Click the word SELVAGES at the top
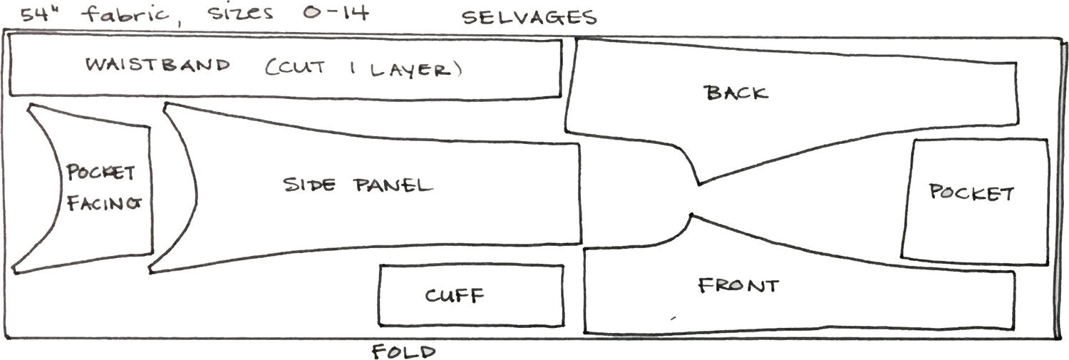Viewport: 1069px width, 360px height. click(x=529, y=17)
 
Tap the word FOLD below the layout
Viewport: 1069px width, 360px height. click(x=403, y=351)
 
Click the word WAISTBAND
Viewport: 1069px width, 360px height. click(x=158, y=66)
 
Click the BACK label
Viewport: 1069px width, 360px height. click(x=735, y=93)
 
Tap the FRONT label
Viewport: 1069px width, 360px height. click(x=738, y=286)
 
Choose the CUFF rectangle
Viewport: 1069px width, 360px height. click(x=471, y=295)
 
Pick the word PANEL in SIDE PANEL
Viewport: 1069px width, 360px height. click(x=393, y=186)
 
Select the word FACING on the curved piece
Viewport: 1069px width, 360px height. click(x=104, y=203)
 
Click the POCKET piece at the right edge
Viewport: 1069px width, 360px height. click(x=972, y=193)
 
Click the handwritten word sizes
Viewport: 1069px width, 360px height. click(x=240, y=14)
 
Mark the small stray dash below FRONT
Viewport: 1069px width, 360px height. click(x=672, y=317)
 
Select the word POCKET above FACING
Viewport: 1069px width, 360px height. click(x=100, y=173)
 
